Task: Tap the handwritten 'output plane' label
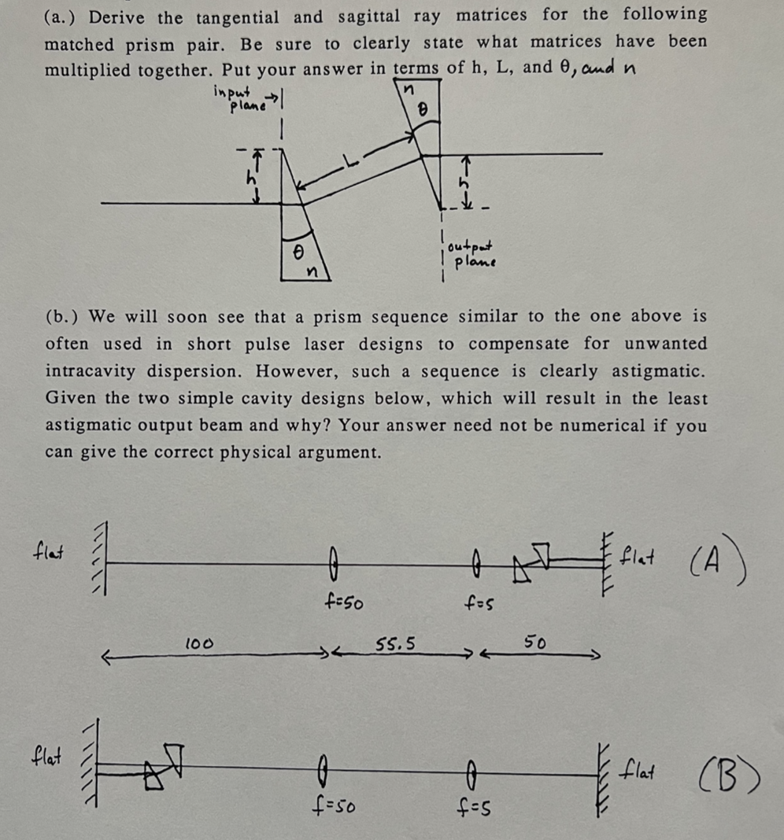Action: [x=471, y=255]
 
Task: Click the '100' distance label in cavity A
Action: [x=198, y=644]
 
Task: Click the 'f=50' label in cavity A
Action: [x=343, y=604]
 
